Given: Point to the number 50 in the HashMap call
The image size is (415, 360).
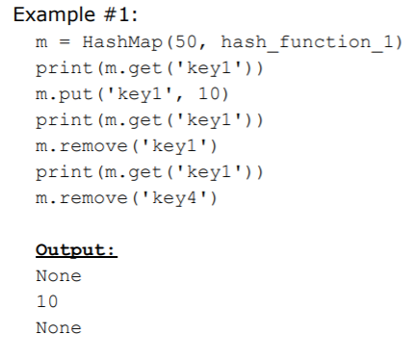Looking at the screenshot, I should click(x=175, y=43).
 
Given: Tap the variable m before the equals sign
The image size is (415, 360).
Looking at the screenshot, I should click(x=40, y=43).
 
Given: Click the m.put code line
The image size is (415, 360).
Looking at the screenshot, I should click(x=129, y=95).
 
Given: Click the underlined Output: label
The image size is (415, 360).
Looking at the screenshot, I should click(x=76, y=251).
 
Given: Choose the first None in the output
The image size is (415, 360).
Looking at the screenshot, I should click(x=58, y=277).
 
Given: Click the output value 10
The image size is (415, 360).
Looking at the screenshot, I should click(x=46, y=302).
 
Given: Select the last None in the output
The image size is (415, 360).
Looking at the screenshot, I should click(x=58, y=328).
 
